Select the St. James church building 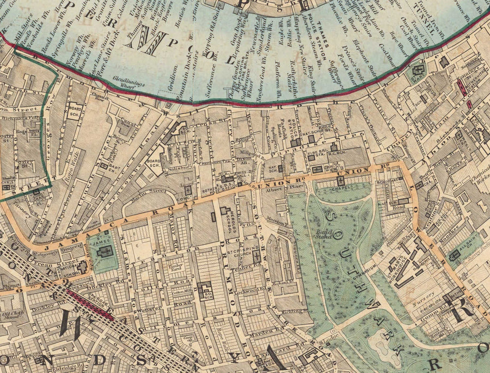point(106,251)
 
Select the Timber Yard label point(163,267)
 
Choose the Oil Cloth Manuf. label point(11,314)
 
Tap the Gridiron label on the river point(174,76)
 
